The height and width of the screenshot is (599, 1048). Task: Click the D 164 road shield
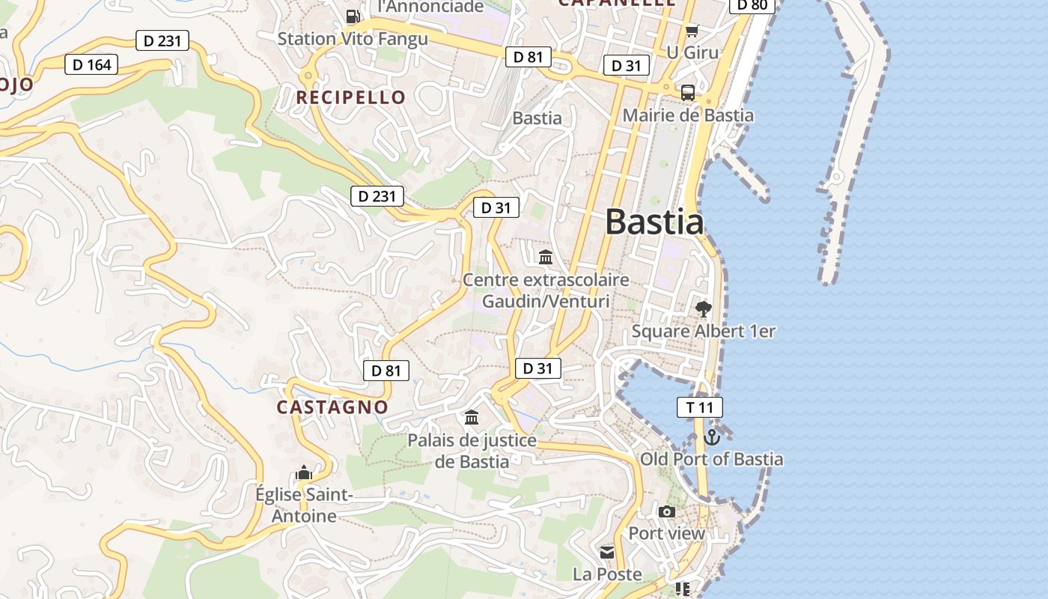coord(92,65)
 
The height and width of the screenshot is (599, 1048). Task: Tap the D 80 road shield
coord(752,5)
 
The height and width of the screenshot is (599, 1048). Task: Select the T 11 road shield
coord(700,407)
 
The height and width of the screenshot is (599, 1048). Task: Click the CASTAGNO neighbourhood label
coord(332,407)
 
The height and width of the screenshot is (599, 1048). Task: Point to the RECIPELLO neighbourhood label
coord(350,97)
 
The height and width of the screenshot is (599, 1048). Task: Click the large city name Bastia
coord(654,222)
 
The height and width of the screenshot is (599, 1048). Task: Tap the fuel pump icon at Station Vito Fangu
coord(353,16)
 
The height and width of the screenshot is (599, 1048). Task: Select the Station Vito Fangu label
coord(353,38)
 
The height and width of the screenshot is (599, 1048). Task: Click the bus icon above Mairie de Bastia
coord(687,93)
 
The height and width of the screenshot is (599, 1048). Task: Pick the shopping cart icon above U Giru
coord(692,31)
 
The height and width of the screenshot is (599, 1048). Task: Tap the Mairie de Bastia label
coord(688,115)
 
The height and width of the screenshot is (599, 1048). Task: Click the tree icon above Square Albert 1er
coord(703,308)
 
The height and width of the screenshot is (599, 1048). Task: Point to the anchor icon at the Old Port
coord(712,437)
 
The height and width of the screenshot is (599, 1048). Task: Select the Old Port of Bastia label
coord(711,459)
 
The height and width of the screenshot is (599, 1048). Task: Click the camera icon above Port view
coord(667,512)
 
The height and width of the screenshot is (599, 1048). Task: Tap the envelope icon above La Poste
coord(607,553)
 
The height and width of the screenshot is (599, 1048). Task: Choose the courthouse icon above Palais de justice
coord(472,418)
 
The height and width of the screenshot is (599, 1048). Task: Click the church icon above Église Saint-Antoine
coord(303,472)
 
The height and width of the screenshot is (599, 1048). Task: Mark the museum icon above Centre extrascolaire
coord(546,258)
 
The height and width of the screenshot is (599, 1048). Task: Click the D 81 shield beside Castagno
coord(386,370)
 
